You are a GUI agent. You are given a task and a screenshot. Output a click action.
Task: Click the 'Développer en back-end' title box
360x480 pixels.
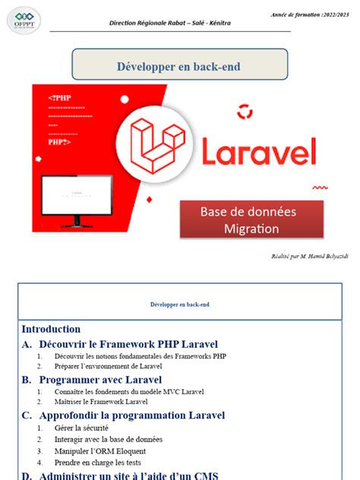point(179,66)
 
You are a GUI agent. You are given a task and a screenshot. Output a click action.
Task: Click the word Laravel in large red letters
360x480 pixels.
point(258,151)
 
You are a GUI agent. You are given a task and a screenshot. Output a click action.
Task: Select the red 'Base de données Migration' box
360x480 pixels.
point(251,219)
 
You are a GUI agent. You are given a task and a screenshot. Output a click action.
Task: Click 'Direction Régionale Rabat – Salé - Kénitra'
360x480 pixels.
point(181,24)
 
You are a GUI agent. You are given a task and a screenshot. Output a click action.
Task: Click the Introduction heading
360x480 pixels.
point(51,329)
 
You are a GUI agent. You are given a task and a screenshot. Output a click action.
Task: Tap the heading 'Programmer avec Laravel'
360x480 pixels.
point(100,379)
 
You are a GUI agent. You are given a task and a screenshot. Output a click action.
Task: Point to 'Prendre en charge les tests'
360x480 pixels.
point(97,462)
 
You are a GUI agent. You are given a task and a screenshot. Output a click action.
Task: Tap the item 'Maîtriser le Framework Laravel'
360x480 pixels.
point(101,402)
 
